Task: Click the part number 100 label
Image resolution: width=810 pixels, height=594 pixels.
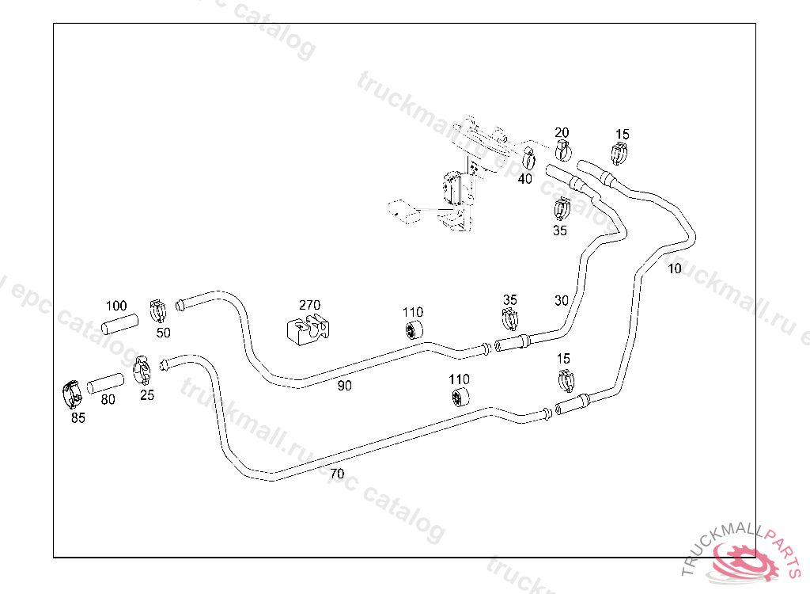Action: pyautogui.click(x=116, y=306)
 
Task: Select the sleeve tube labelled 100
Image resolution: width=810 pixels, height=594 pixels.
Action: pyautogui.click(x=119, y=324)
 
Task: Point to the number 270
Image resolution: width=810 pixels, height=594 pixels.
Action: pyautogui.click(x=309, y=305)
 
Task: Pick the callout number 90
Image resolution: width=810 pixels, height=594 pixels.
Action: pyautogui.click(x=344, y=386)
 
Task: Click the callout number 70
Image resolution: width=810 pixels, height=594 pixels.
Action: pyautogui.click(x=337, y=474)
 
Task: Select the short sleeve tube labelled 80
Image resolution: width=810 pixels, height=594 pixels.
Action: pyautogui.click(x=105, y=383)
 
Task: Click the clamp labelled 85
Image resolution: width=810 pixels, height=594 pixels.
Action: pyautogui.click(x=72, y=394)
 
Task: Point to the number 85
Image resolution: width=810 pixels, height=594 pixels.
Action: pyautogui.click(x=78, y=418)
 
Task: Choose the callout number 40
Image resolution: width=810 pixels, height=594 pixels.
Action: pyautogui.click(x=525, y=179)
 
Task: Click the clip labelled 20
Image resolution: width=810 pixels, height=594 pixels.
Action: pyautogui.click(x=563, y=149)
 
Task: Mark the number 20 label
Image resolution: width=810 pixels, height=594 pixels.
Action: pyautogui.click(x=562, y=132)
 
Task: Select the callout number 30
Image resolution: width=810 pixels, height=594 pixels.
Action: pyautogui.click(x=562, y=300)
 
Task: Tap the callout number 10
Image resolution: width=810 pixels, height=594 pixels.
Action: pyautogui.click(x=674, y=268)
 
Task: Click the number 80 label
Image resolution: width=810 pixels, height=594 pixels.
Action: pyautogui.click(x=108, y=400)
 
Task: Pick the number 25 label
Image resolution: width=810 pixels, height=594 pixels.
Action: pyautogui.click(x=147, y=395)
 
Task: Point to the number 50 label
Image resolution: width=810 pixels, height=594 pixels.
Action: pyautogui.click(x=163, y=333)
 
